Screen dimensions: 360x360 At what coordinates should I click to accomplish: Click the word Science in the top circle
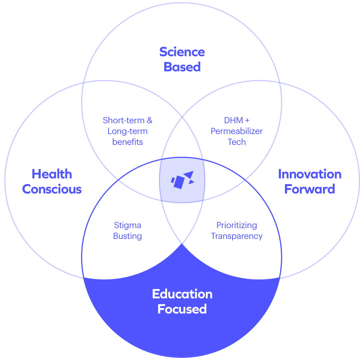tap(182, 52)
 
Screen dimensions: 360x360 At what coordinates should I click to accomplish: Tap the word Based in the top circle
tap(182, 67)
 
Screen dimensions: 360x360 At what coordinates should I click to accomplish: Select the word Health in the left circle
tap(52, 174)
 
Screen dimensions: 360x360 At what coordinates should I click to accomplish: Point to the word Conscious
tap(52, 189)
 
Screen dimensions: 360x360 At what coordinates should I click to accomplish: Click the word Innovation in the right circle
tap(310, 174)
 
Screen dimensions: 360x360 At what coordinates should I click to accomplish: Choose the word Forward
tap(310, 189)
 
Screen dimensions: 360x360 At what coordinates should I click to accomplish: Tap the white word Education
tap(182, 294)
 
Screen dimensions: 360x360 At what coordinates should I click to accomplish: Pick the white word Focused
tap(182, 309)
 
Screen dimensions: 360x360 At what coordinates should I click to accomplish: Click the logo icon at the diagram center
tap(182, 179)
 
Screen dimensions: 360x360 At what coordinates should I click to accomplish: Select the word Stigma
tap(128, 226)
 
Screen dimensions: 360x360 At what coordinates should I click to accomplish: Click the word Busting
tap(128, 236)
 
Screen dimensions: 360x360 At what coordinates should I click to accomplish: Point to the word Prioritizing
tap(237, 226)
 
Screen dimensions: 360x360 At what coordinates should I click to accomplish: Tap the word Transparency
tap(237, 236)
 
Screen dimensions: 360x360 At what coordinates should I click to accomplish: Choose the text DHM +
tap(237, 120)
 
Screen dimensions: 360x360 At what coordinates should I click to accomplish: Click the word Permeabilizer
tap(237, 131)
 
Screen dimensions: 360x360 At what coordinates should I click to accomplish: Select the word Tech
tap(237, 142)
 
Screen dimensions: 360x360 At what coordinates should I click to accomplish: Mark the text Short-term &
tap(128, 120)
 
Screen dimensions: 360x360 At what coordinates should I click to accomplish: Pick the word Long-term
tap(128, 131)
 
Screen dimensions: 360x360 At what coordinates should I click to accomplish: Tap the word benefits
tap(128, 142)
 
